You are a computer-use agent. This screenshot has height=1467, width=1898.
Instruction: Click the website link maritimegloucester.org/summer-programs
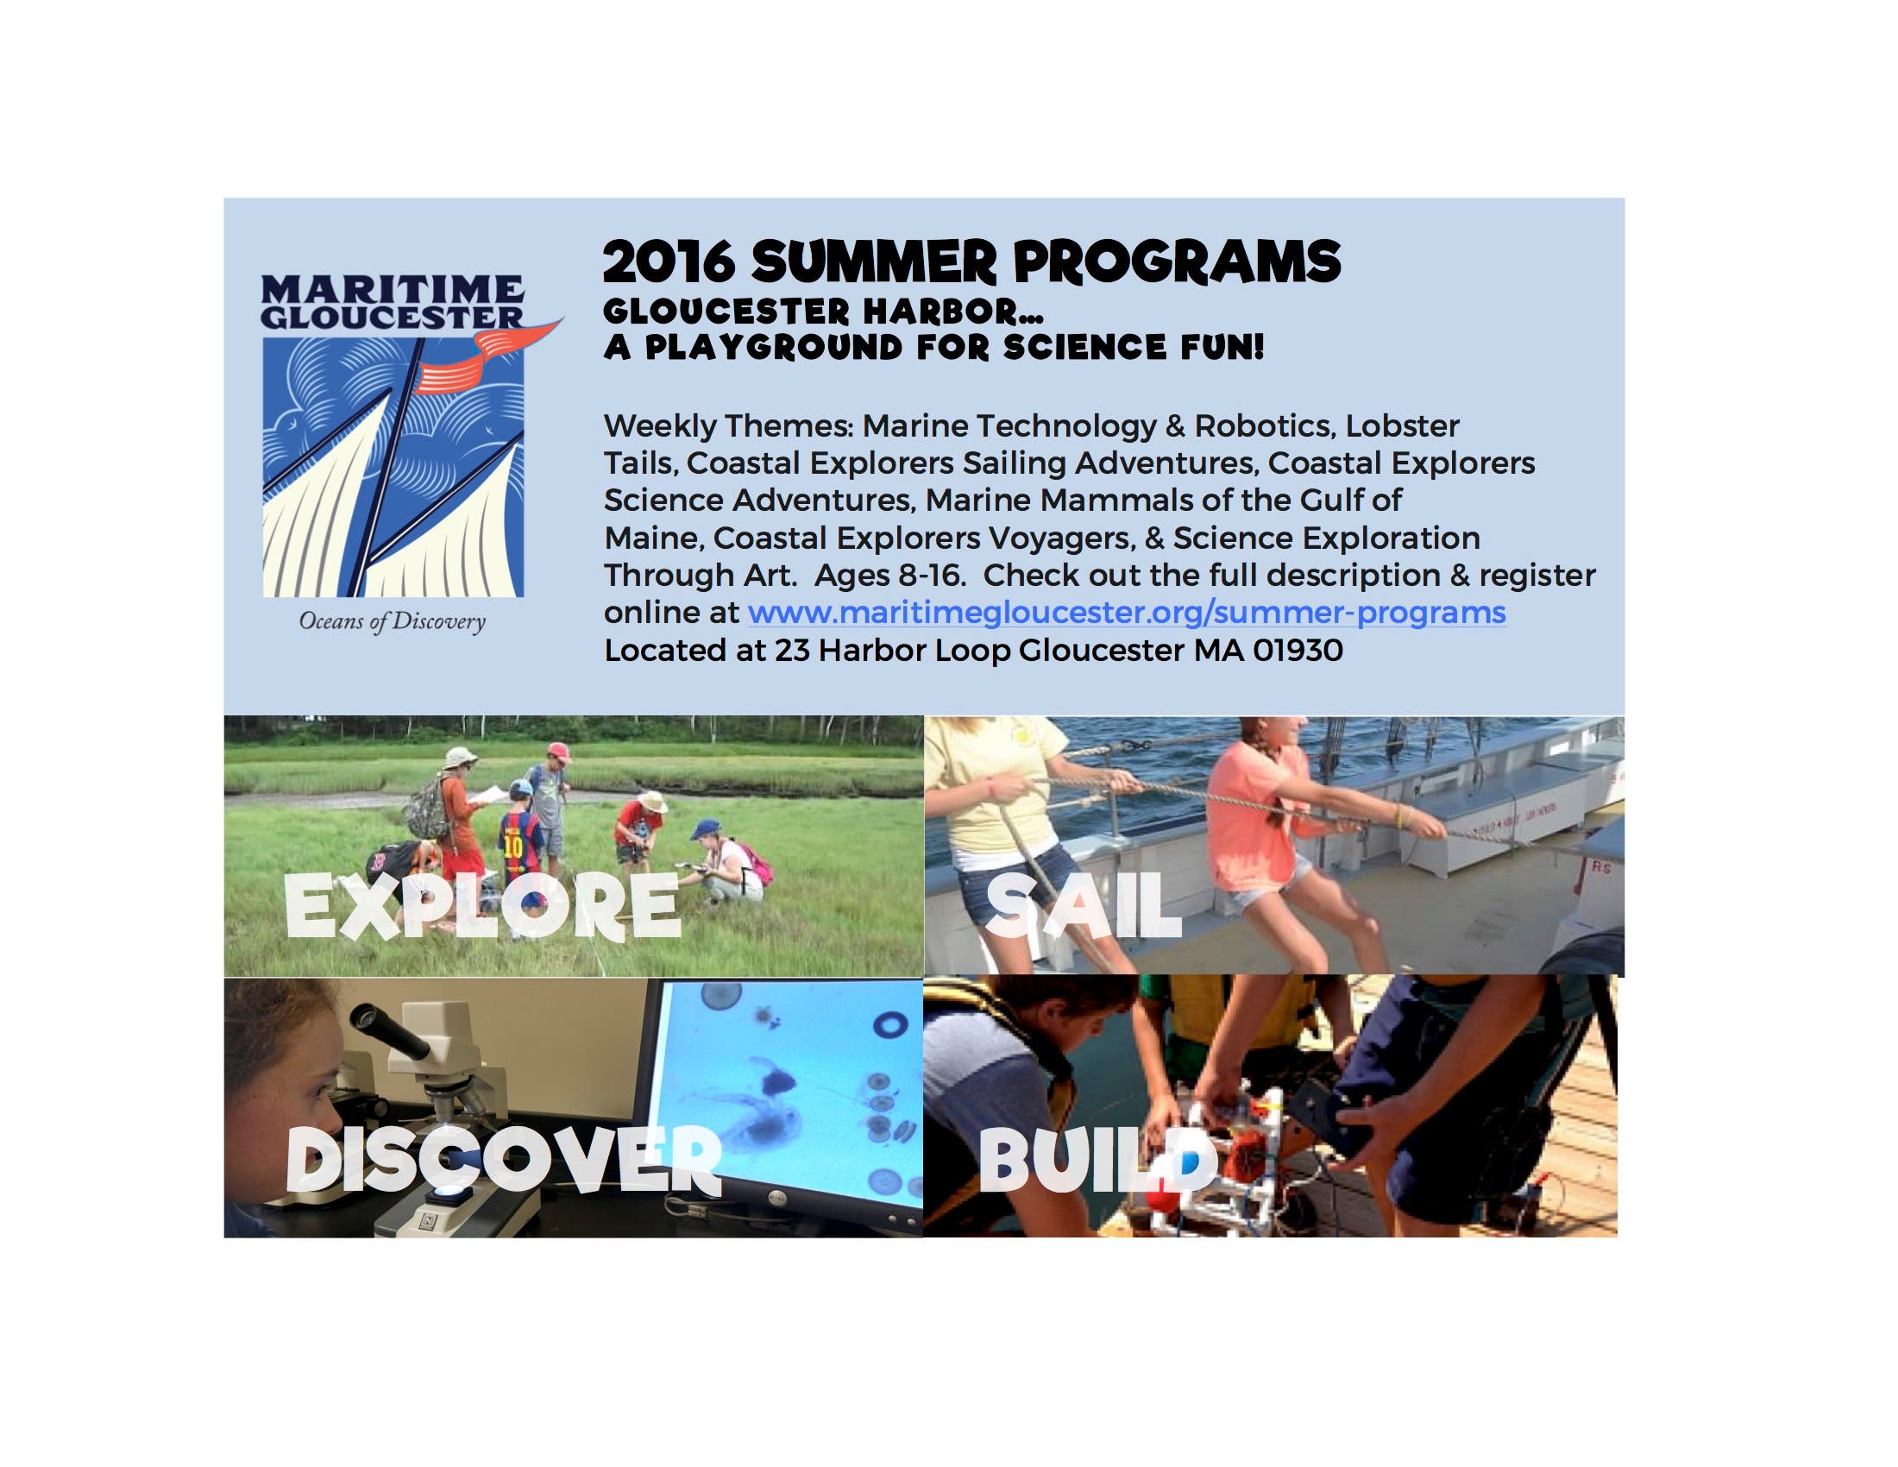pyautogui.click(x=1126, y=613)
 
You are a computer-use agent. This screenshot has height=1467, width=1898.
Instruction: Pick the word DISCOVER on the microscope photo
pyautogui.click(x=503, y=1159)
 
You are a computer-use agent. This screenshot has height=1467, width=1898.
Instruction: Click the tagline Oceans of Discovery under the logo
pyautogui.click(x=392, y=622)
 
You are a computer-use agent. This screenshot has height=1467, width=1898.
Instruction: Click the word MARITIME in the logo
pyautogui.click(x=393, y=287)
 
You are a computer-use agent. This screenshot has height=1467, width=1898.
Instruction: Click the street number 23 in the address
pyautogui.click(x=792, y=650)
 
